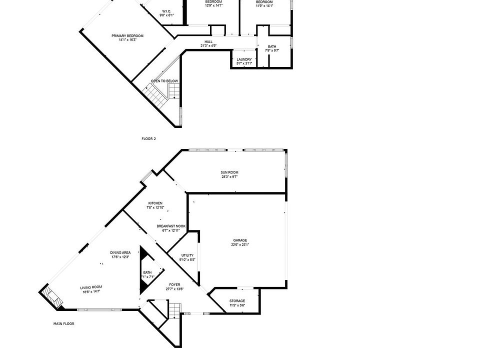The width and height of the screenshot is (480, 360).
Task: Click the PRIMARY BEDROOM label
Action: point(127,36)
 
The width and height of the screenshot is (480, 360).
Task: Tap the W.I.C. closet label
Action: point(166,11)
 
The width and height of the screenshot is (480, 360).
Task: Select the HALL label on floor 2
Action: point(208,42)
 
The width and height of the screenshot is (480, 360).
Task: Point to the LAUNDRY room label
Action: point(244,59)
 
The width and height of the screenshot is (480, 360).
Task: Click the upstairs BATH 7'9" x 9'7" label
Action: point(271,46)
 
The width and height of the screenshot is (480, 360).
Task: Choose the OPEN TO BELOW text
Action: point(164,81)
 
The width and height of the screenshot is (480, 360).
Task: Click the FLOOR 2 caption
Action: point(148,138)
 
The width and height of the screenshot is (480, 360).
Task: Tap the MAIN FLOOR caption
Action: point(64,323)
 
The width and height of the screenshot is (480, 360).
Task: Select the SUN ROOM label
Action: point(229,172)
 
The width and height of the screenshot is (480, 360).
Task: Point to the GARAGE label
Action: point(240,240)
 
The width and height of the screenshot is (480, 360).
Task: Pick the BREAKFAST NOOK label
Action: point(171,226)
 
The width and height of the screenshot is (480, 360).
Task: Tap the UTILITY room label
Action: point(187,255)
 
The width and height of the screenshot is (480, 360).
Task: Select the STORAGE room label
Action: point(237,301)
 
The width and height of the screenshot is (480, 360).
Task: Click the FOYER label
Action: point(174,284)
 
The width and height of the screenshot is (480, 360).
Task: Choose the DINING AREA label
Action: point(120,252)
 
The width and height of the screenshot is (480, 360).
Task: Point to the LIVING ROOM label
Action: point(91,286)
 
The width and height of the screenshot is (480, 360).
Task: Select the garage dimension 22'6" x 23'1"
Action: point(240,244)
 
